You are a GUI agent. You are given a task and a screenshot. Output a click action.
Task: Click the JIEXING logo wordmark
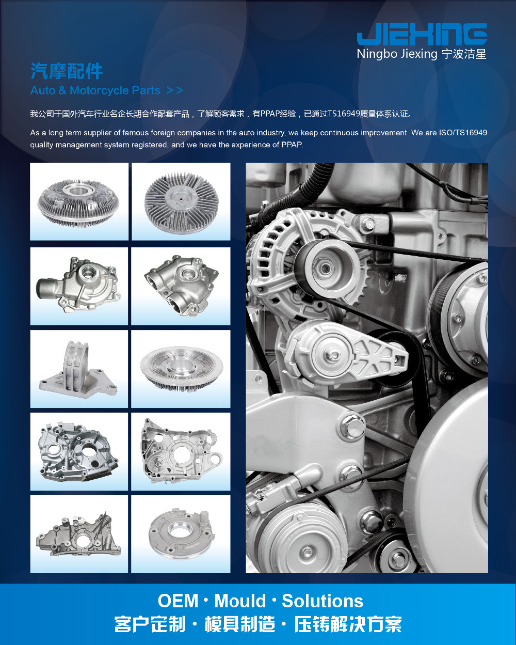[x=422, y=34]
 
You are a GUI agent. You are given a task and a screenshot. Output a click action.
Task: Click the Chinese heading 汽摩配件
[x=67, y=71]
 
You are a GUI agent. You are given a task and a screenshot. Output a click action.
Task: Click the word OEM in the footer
[x=178, y=601]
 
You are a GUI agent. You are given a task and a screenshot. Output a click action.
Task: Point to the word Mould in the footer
[x=240, y=601]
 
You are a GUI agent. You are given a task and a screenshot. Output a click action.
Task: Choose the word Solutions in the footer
[x=322, y=601]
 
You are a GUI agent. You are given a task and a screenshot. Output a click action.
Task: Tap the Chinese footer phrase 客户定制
[x=150, y=624]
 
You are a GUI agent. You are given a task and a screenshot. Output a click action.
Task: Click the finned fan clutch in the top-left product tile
[x=78, y=203]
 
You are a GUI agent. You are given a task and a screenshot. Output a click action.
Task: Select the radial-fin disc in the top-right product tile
[x=182, y=203]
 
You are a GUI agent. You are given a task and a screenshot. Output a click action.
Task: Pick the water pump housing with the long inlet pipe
[x=79, y=285]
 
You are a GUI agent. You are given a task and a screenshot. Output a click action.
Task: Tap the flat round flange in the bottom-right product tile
[x=182, y=534]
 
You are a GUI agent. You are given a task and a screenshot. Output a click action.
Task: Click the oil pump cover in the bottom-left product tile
[x=78, y=536]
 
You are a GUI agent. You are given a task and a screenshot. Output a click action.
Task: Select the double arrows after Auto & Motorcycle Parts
[x=174, y=90]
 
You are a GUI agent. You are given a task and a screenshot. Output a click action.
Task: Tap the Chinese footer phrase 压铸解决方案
[x=348, y=624]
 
